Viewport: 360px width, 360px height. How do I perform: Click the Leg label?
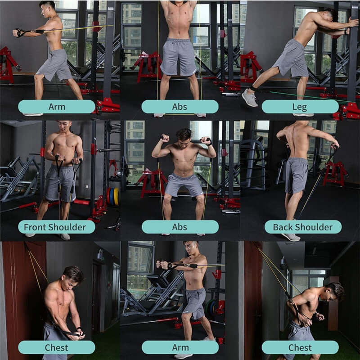coord(300,107)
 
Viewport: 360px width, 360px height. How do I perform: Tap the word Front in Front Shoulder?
coord(36,227)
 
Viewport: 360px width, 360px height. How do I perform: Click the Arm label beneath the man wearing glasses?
coord(180,347)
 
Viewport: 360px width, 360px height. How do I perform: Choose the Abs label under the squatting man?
coord(180,227)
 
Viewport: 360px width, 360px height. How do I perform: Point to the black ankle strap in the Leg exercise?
coord(252,88)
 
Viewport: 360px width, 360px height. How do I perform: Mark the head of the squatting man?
coord(184,135)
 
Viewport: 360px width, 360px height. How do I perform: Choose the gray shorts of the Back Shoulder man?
coord(297,175)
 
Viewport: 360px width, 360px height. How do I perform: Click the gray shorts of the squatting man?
coord(184,185)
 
